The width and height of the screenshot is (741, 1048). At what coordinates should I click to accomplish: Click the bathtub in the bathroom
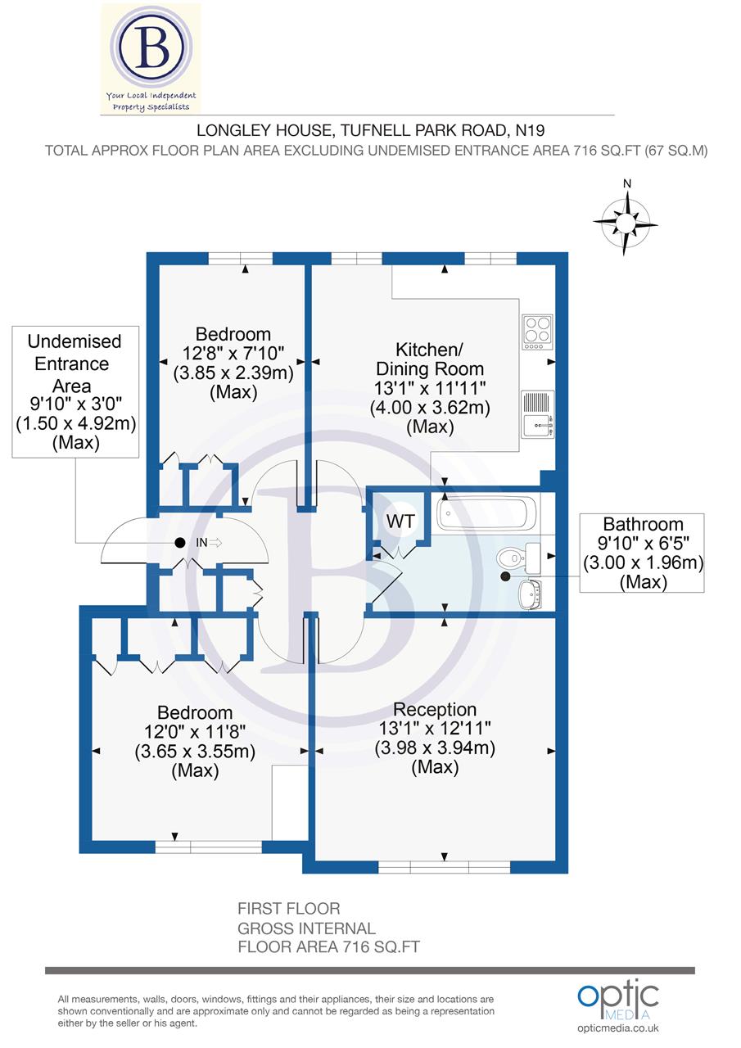click(x=486, y=514)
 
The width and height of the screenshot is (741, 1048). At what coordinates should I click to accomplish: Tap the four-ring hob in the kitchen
click(x=537, y=332)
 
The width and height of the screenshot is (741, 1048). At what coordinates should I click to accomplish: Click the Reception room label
click(x=435, y=709)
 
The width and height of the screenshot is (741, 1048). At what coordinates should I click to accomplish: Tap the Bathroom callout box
click(x=642, y=553)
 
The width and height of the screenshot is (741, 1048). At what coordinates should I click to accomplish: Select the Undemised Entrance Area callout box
click(x=75, y=391)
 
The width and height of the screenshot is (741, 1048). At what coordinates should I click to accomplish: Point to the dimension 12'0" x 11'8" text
click(x=195, y=732)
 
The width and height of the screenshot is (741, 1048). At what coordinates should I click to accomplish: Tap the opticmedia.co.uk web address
click(x=618, y=1028)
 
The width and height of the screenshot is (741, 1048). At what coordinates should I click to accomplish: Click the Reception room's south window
click(x=443, y=866)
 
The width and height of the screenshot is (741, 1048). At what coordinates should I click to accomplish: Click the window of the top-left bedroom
click(x=240, y=259)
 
